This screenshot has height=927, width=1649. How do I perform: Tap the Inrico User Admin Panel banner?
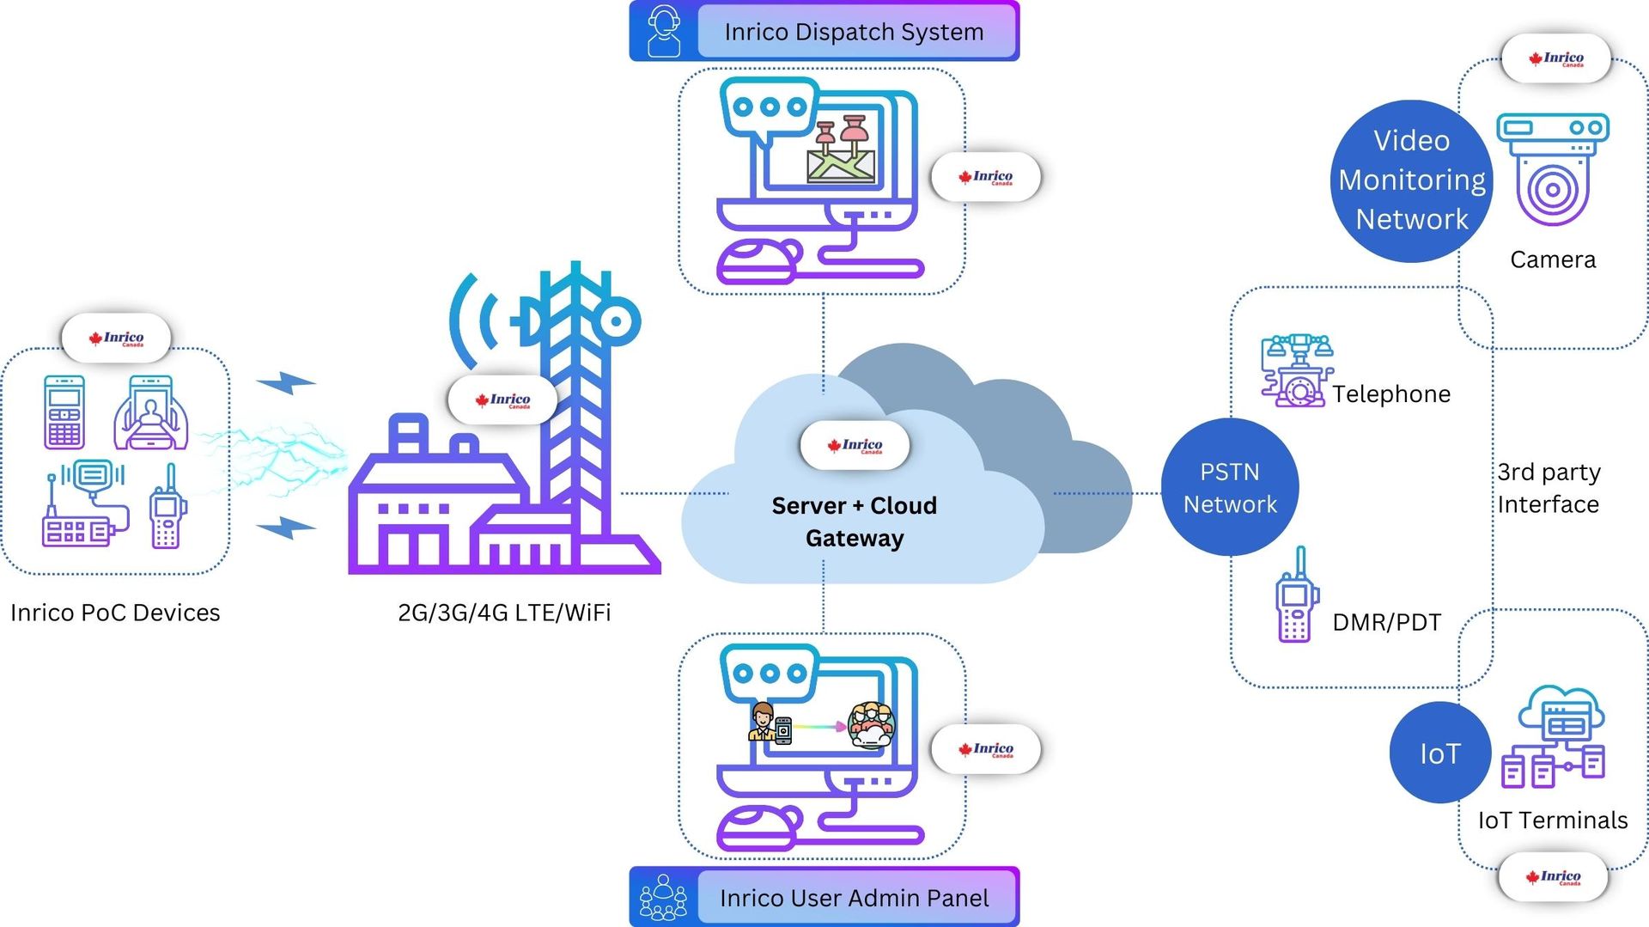tap(854, 898)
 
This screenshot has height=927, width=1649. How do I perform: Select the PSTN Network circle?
tap(1230, 487)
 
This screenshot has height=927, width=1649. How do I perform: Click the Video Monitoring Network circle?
tap(1411, 180)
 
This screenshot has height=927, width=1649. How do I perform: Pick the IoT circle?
tap(1439, 753)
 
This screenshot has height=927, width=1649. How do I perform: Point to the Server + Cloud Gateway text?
tap(854, 521)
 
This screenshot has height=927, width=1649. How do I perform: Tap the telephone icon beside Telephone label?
tap(1296, 370)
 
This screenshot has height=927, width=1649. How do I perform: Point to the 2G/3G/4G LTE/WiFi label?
tap(504, 613)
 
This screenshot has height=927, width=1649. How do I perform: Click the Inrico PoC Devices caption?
tap(115, 613)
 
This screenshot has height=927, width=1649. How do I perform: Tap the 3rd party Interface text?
tap(1548, 488)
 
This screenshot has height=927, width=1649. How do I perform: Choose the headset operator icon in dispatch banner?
tap(664, 31)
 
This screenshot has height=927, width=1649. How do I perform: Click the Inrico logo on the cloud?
tap(855, 445)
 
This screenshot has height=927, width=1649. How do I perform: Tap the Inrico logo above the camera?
tap(1555, 58)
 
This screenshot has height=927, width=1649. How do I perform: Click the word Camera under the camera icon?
tap(1552, 259)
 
